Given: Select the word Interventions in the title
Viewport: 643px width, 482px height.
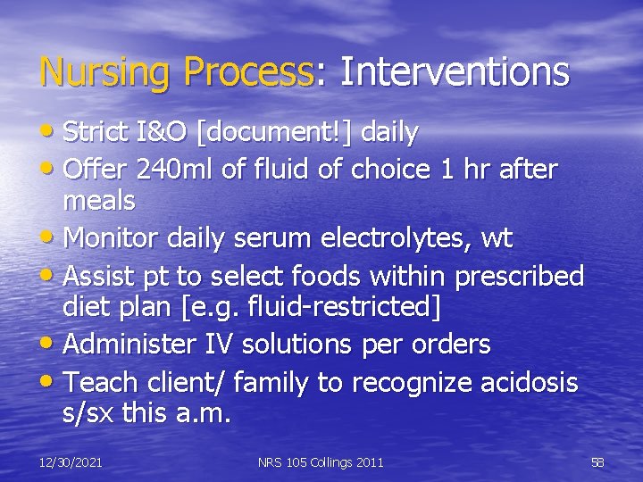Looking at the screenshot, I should [x=454, y=72].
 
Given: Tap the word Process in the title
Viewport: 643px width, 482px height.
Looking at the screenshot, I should [x=249, y=72].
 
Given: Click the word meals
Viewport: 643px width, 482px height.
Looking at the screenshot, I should [x=98, y=201].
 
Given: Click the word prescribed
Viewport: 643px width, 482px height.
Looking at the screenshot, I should [x=519, y=276].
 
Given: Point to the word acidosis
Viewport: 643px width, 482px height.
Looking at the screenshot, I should [x=525, y=383].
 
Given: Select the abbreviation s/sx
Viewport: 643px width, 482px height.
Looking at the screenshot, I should [x=88, y=413].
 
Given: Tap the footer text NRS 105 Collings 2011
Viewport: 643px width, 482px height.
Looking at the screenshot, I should [x=321, y=462].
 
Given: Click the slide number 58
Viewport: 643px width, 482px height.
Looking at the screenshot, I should [x=597, y=462].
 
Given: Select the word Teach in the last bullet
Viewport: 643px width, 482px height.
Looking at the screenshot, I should [x=101, y=383].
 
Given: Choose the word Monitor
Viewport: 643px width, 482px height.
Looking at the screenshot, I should [x=117, y=238].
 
